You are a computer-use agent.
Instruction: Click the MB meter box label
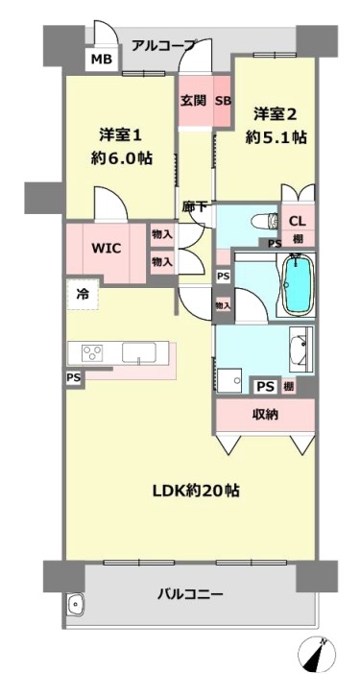[102, 59]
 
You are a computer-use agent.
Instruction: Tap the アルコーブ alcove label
[163, 45]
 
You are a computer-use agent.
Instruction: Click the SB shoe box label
[224, 102]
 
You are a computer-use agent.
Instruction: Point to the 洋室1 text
[120, 135]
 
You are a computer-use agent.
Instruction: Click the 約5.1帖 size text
[276, 137]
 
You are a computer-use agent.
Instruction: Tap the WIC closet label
[107, 248]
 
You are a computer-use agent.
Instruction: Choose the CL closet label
[298, 222]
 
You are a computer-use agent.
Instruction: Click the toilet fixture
[266, 221]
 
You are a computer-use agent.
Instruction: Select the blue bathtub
[298, 283]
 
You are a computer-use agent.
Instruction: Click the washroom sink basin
[300, 349]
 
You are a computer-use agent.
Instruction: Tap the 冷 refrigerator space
[83, 295]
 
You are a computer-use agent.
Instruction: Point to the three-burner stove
[92, 353]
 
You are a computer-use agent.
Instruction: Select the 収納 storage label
[265, 415]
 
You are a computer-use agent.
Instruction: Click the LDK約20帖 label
[197, 491]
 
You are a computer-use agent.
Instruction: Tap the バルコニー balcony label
[190, 595]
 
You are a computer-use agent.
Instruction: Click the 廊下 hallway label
[195, 206]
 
